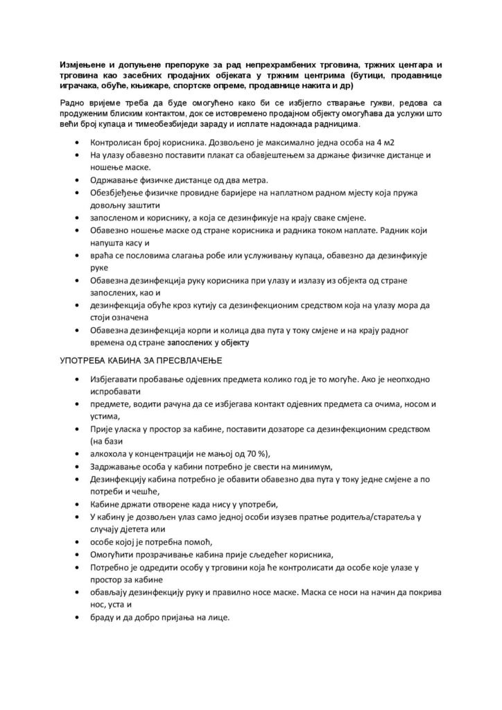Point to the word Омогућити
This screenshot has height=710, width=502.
tap(114, 555)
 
